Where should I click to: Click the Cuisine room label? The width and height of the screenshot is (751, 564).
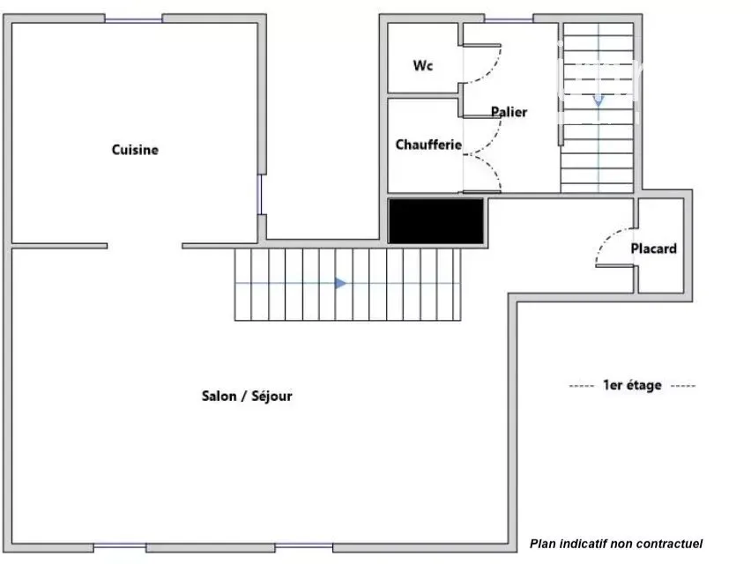(x=135, y=150)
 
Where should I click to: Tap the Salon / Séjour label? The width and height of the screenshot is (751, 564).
(x=247, y=396)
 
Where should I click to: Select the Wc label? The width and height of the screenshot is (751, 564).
(x=423, y=65)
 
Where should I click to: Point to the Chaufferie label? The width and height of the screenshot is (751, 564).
(x=428, y=145)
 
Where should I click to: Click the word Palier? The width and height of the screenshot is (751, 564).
(x=509, y=112)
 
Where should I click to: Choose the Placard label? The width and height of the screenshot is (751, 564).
(x=653, y=249)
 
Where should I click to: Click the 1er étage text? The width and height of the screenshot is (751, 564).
(x=632, y=385)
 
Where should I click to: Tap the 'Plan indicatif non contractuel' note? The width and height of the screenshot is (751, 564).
(x=616, y=544)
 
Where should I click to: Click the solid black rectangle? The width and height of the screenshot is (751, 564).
(x=435, y=221)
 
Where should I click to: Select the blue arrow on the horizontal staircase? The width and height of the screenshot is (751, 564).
(x=340, y=283)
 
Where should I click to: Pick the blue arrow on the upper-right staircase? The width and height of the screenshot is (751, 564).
(x=599, y=100)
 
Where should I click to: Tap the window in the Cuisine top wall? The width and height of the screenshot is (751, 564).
(x=134, y=19)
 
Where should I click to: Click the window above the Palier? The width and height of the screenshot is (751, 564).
(x=509, y=19)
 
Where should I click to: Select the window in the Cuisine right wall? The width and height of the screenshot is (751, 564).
(x=260, y=195)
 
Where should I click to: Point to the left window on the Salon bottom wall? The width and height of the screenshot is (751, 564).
(x=120, y=545)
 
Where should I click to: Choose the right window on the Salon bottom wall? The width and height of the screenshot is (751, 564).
(x=304, y=545)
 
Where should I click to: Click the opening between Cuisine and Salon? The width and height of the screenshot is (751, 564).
(x=145, y=246)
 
